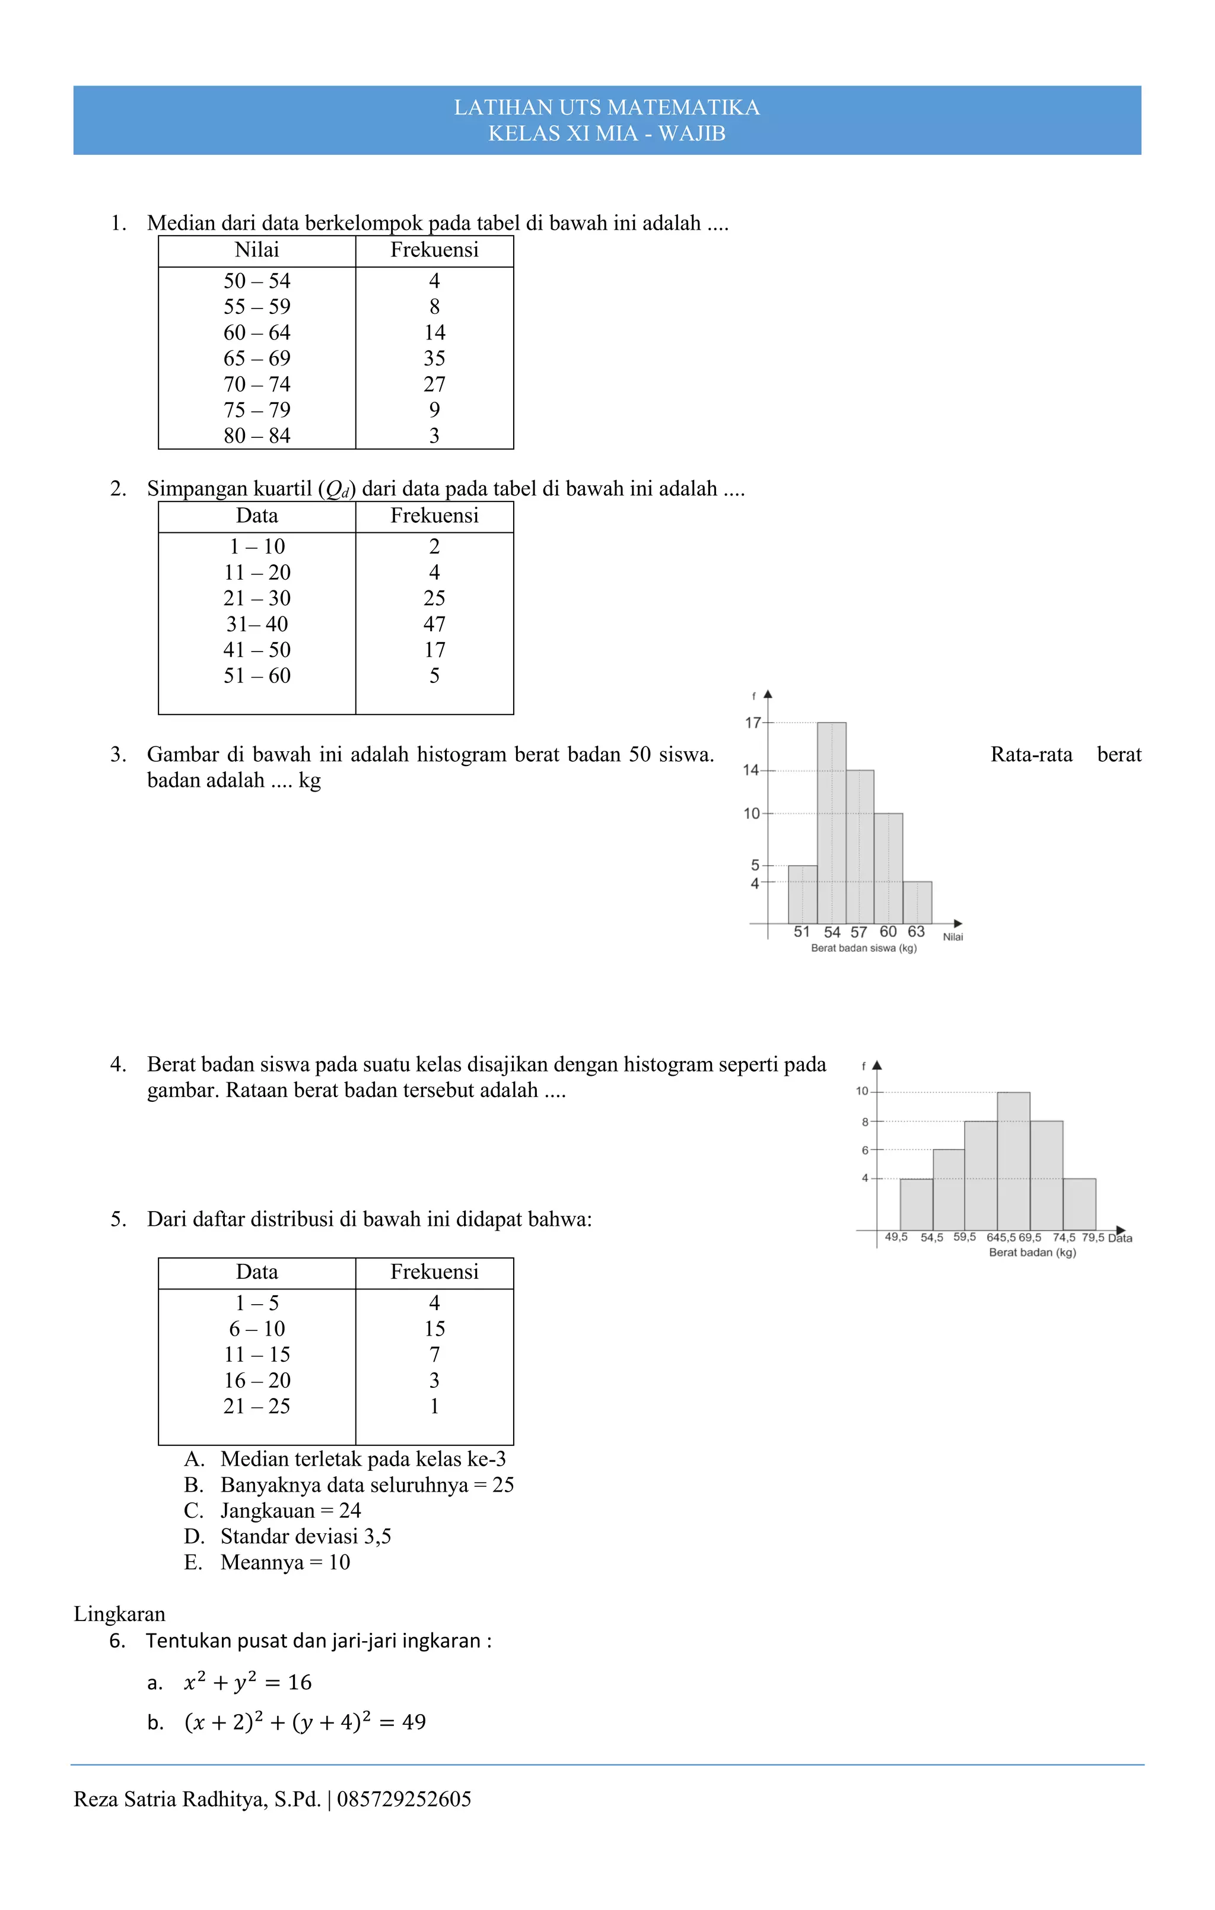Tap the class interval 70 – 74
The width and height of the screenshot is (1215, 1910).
(256, 384)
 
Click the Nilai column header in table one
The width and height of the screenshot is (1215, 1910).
(256, 250)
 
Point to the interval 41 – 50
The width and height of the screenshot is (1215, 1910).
(256, 650)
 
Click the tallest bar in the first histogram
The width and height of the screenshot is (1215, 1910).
(831, 825)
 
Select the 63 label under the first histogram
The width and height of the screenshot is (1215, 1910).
(916, 932)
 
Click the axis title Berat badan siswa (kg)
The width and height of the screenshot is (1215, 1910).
(864, 949)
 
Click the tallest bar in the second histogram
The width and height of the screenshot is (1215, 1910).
(1013, 1162)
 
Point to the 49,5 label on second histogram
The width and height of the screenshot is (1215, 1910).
(896, 1237)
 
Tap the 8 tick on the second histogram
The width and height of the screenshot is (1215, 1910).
(865, 1121)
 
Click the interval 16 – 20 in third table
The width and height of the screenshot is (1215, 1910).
(256, 1380)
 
